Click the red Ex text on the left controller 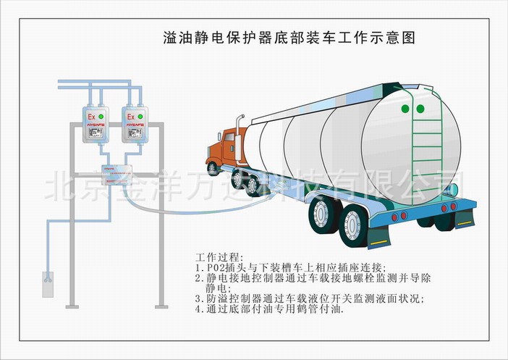tap(91, 117)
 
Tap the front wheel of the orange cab tap(213, 167)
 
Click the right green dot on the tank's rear tap(419, 109)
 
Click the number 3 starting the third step tap(199, 298)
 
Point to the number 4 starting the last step tap(199, 309)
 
